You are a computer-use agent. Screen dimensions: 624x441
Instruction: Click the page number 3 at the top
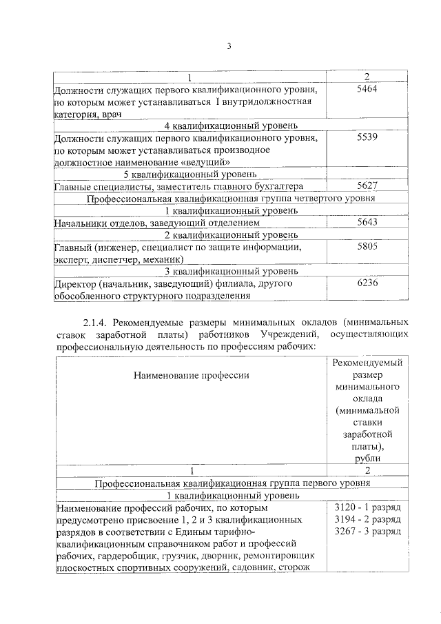(228, 47)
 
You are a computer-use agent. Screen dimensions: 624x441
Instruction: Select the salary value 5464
(367, 90)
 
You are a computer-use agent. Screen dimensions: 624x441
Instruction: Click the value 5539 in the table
(367, 138)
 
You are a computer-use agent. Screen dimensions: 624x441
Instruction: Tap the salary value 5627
(367, 186)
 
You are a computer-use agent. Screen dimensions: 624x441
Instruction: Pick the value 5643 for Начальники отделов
(367, 223)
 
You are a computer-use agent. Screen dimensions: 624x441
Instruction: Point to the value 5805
(367, 247)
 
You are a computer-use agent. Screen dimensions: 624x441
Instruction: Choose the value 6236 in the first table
(367, 283)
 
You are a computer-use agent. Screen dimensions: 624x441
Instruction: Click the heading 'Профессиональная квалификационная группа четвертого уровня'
(231, 199)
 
